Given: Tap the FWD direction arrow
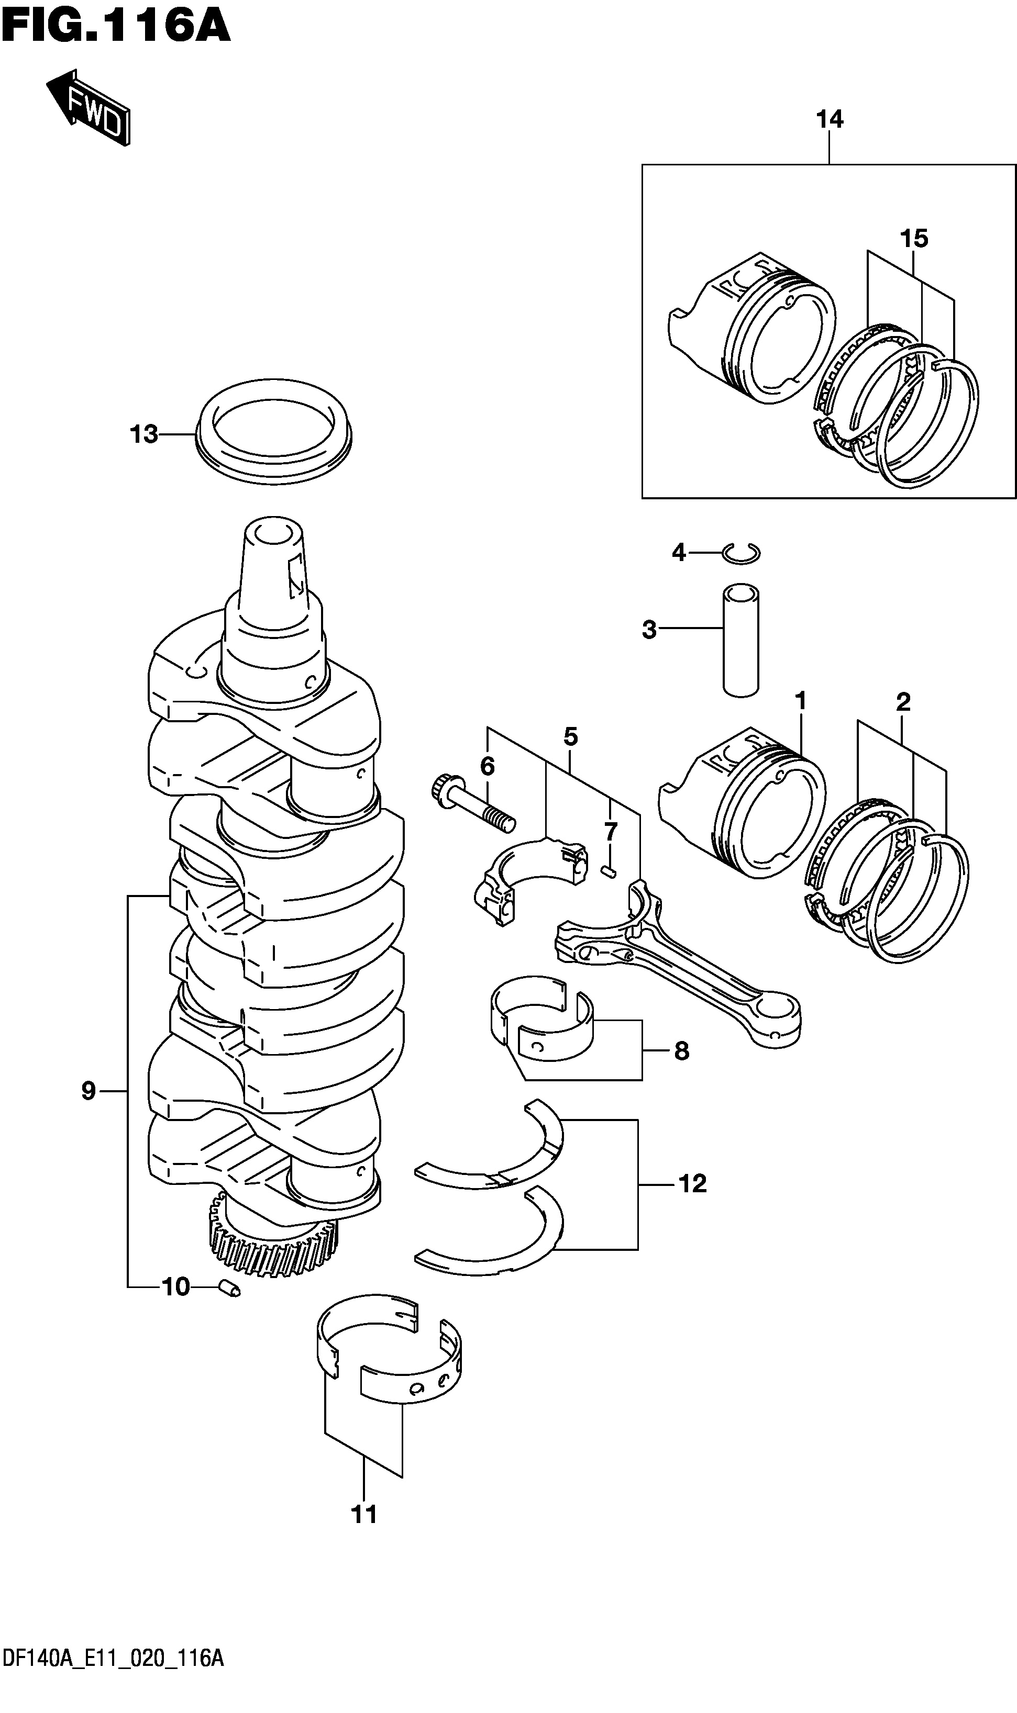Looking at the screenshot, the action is point(88,108).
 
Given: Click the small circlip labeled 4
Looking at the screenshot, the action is point(742,553).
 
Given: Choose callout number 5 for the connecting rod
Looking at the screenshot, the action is point(571,736).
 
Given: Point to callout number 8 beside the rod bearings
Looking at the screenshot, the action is point(681,1051).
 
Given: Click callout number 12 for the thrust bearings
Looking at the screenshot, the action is point(692,1183).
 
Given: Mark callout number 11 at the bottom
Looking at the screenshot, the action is point(364,1514).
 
